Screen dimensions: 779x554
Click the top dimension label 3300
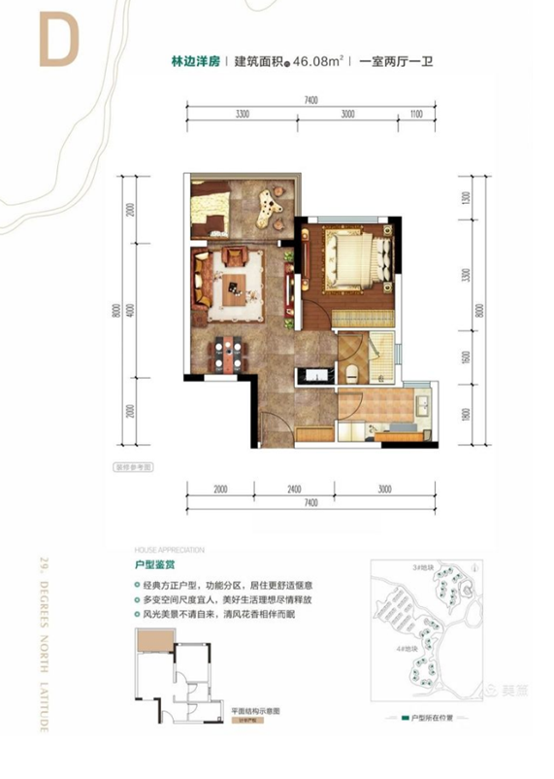[243, 114]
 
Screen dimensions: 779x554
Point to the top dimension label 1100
[417, 114]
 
